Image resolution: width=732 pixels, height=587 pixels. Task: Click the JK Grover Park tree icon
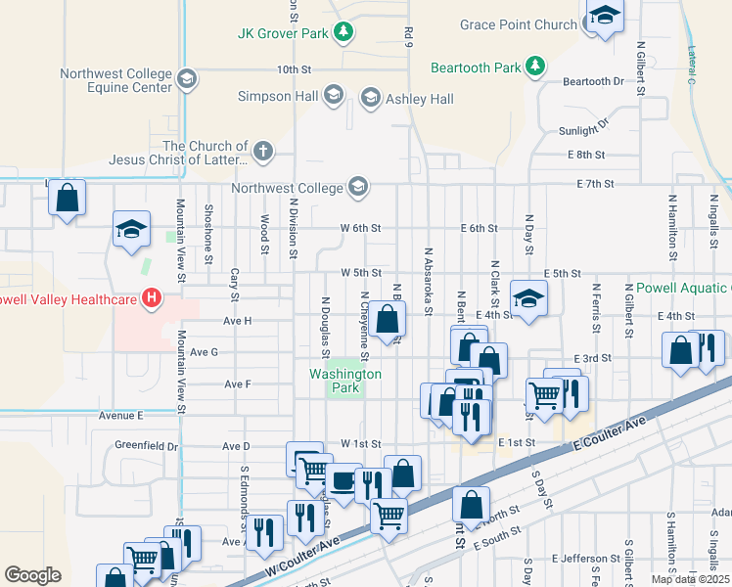click(343, 33)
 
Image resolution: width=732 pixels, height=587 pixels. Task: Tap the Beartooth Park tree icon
click(534, 67)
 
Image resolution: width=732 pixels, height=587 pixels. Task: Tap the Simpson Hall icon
click(333, 95)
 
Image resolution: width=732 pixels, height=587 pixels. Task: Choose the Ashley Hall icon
click(370, 98)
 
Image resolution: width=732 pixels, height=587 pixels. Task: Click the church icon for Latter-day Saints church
click(261, 152)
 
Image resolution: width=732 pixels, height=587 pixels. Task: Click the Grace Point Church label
click(519, 24)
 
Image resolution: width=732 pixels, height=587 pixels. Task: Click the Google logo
click(32, 575)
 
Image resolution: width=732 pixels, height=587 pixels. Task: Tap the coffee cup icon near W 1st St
click(343, 480)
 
